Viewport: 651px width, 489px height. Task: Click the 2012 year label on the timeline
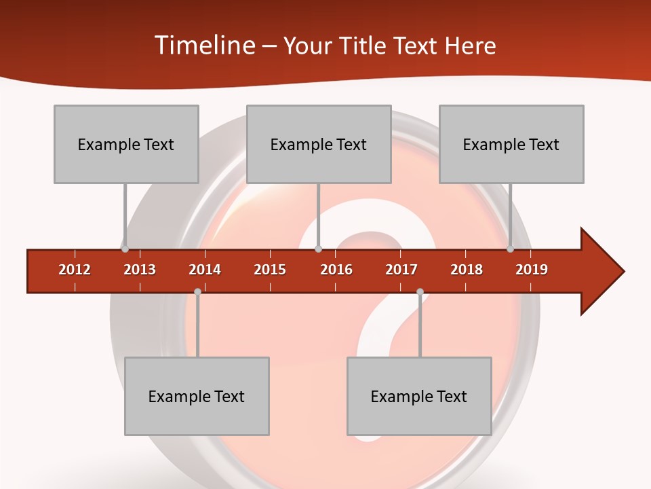(75, 270)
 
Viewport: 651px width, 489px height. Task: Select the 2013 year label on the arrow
(140, 270)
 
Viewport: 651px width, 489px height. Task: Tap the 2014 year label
(205, 270)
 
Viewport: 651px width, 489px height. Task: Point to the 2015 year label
(270, 270)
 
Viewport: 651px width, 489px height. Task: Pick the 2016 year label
(336, 270)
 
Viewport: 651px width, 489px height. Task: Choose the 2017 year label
(401, 270)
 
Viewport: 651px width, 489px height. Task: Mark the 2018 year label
(467, 270)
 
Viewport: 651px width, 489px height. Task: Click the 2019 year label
(532, 270)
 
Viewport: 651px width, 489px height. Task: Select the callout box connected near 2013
(126, 144)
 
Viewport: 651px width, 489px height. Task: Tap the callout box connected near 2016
(319, 144)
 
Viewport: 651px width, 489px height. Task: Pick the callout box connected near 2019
(511, 144)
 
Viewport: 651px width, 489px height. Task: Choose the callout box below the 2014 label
(197, 396)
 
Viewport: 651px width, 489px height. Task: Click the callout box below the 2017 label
(419, 396)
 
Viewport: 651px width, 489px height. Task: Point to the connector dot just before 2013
(125, 249)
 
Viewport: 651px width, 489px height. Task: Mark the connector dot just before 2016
(318, 249)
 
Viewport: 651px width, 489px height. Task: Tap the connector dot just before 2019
(510, 249)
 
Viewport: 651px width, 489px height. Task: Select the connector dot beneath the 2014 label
(197, 292)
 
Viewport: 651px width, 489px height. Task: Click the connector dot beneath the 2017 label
(420, 292)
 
